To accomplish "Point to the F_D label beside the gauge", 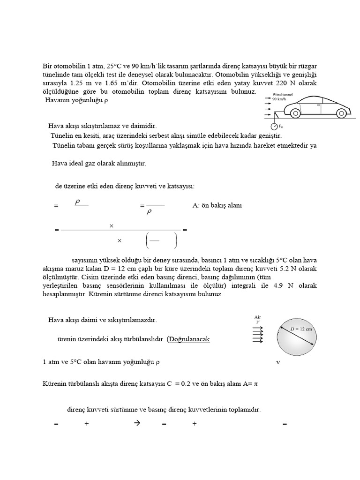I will pos(281,127).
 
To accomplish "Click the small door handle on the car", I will pos(318,106).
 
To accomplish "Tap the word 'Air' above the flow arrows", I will pos(257,317).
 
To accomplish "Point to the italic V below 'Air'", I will pos(257,322).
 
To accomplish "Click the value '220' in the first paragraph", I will pos(280,83).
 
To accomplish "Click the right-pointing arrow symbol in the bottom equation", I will pos(137,423).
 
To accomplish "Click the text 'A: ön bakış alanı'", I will pos(217,205).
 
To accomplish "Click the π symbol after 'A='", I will pos(256,384).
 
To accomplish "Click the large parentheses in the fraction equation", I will pos(161,240).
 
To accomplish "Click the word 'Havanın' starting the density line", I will pos(58,100).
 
